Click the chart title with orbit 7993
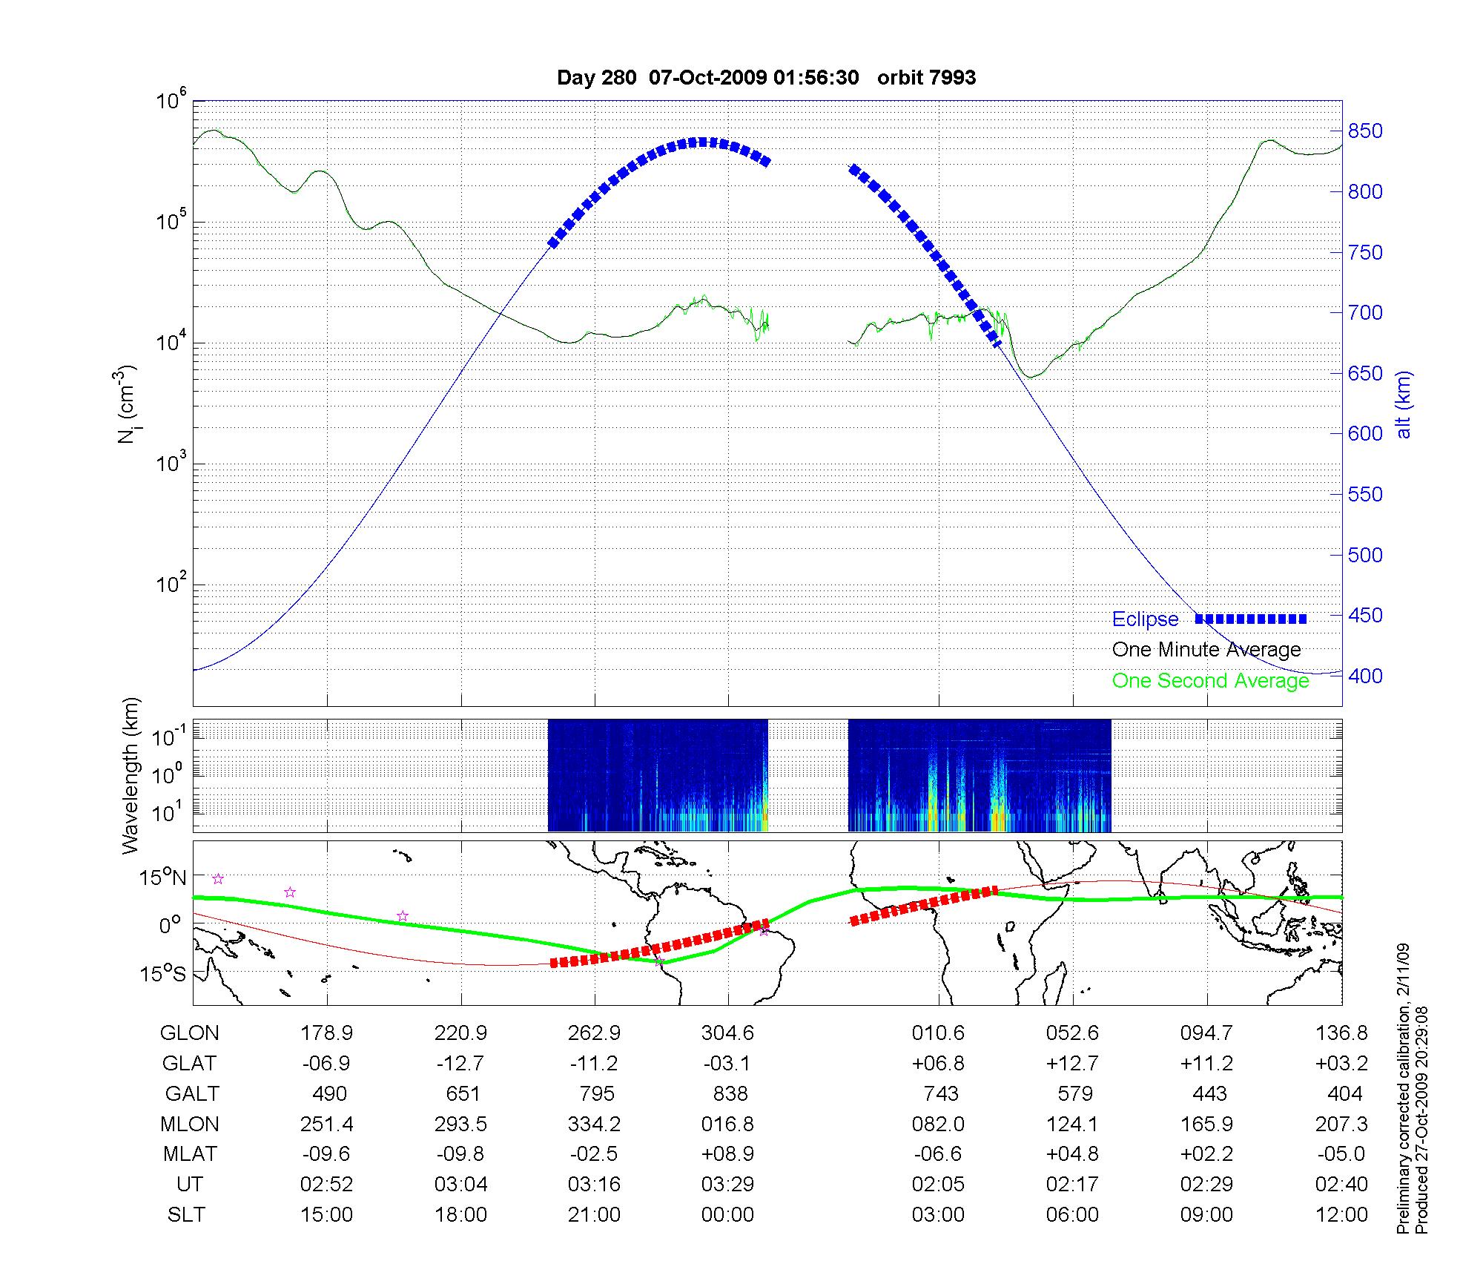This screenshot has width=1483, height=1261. (766, 78)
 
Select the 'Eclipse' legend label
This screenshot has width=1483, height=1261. (1145, 619)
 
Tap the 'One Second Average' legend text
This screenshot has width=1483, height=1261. (1210, 681)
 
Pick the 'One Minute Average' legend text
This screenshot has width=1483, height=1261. (1206, 650)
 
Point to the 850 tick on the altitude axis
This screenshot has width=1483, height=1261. (1365, 131)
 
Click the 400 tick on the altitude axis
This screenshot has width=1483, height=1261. (1365, 676)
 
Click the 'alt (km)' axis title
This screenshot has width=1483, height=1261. (1404, 404)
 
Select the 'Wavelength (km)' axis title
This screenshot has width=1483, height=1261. (131, 775)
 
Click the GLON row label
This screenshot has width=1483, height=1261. (190, 1033)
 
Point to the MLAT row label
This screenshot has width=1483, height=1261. (190, 1154)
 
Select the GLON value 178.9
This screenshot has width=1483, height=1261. (326, 1033)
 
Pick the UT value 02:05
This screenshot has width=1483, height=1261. (938, 1185)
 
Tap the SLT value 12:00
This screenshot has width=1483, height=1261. (1341, 1215)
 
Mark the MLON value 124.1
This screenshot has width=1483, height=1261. (1072, 1124)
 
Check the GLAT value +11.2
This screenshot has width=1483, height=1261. (1206, 1063)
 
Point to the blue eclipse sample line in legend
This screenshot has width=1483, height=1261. (1251, 619)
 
